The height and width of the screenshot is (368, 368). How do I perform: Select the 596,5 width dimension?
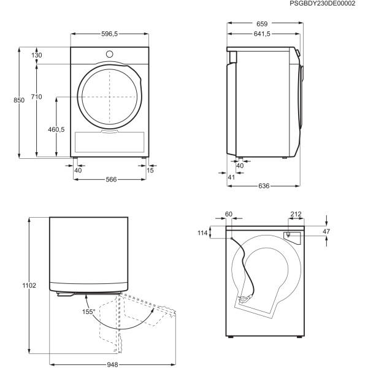click(x=110, y=34)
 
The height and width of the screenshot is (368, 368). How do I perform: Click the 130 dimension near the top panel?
click(x=37, y=55)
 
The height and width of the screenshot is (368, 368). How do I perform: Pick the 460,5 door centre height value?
click(x=56, y=129)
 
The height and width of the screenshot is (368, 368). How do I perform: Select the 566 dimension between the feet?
click(x=112, y=179)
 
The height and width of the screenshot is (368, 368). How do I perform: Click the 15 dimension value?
click(x=151, y=170)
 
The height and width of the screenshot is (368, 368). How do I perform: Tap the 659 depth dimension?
click(x=263, y=24)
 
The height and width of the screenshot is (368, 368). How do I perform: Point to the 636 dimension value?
click(x=264, y=186)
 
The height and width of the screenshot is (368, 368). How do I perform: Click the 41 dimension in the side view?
click(x=231, y=177)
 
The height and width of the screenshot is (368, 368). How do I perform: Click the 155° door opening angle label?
click(x=88, y=312)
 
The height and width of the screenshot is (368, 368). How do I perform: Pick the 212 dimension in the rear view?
click(x=296, y=214)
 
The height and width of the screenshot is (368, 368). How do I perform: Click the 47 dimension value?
click(x=326, y=231)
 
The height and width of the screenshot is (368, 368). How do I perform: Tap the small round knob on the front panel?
click(x=110, y=53)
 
